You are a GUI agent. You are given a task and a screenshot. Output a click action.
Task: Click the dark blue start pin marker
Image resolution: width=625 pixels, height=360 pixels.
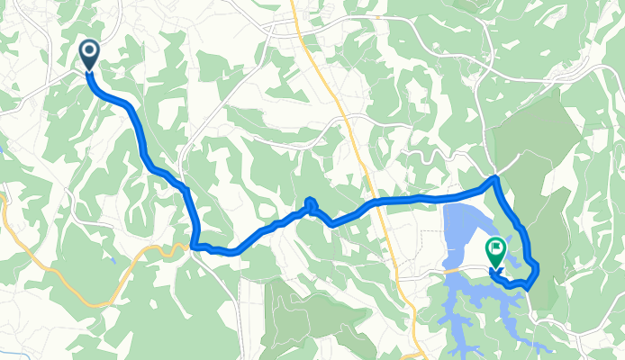coord(90,54)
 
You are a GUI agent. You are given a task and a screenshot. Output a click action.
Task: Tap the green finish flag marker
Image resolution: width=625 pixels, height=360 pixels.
coord(495,251)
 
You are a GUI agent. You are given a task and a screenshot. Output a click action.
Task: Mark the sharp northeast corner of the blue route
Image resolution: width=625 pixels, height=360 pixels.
coord(494,179)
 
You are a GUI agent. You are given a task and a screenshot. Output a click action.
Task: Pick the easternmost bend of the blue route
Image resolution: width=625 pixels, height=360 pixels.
coord(536,266)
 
